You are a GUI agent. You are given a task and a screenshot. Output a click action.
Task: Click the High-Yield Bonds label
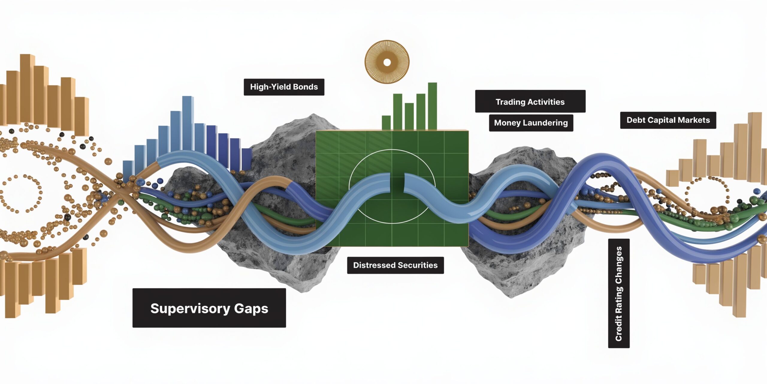coord(284,87)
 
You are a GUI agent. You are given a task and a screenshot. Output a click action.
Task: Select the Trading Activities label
coord(530,101)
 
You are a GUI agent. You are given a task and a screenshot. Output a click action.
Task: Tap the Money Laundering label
coord(531,123)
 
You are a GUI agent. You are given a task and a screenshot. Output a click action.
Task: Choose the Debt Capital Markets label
coord(668,120)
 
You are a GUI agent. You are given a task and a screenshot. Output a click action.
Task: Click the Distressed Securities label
coord(395,265)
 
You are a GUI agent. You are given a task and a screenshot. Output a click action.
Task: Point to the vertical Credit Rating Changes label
coord(619,293)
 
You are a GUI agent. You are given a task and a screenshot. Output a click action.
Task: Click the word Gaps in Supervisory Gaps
coord(251,308)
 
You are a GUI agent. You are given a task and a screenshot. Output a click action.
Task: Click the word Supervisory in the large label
coord(190,308)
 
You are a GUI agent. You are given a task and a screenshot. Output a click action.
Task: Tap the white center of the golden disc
coord(387,62)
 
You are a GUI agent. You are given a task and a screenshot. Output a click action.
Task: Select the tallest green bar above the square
coord(432,106)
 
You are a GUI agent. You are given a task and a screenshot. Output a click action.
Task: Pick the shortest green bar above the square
coord(386,123)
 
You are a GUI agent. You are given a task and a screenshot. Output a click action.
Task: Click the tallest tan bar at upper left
coord(27,88)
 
